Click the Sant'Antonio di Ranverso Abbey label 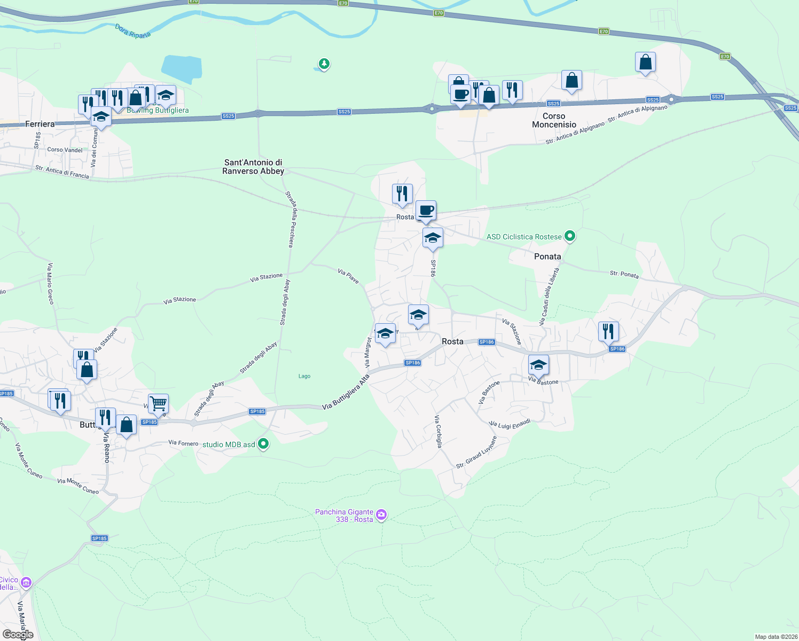(x=253, y=167)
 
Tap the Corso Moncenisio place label (x=554, y=120)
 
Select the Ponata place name (x=547, y=256)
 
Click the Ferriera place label (x=40, y=124)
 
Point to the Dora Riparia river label (x=133, y=32)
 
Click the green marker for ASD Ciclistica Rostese (x=570, y=236)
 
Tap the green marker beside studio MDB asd (x=263, y=444)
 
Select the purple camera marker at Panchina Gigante (x=381, y=515)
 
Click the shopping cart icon (x=158, y=403)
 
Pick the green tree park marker (x=324, y=64)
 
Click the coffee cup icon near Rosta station (x=426, y=210)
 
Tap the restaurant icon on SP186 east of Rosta (x=608, y=331)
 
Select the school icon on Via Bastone (x=538, y=365)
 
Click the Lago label (x=304, y=376)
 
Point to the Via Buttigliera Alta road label (x=346, y=393)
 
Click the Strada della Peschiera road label (x=289, y=219)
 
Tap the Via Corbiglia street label (x=438, y=431)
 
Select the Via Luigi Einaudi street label (x=510, y=424)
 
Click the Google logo (x=18, y=635)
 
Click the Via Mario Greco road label (x=50, y=284)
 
